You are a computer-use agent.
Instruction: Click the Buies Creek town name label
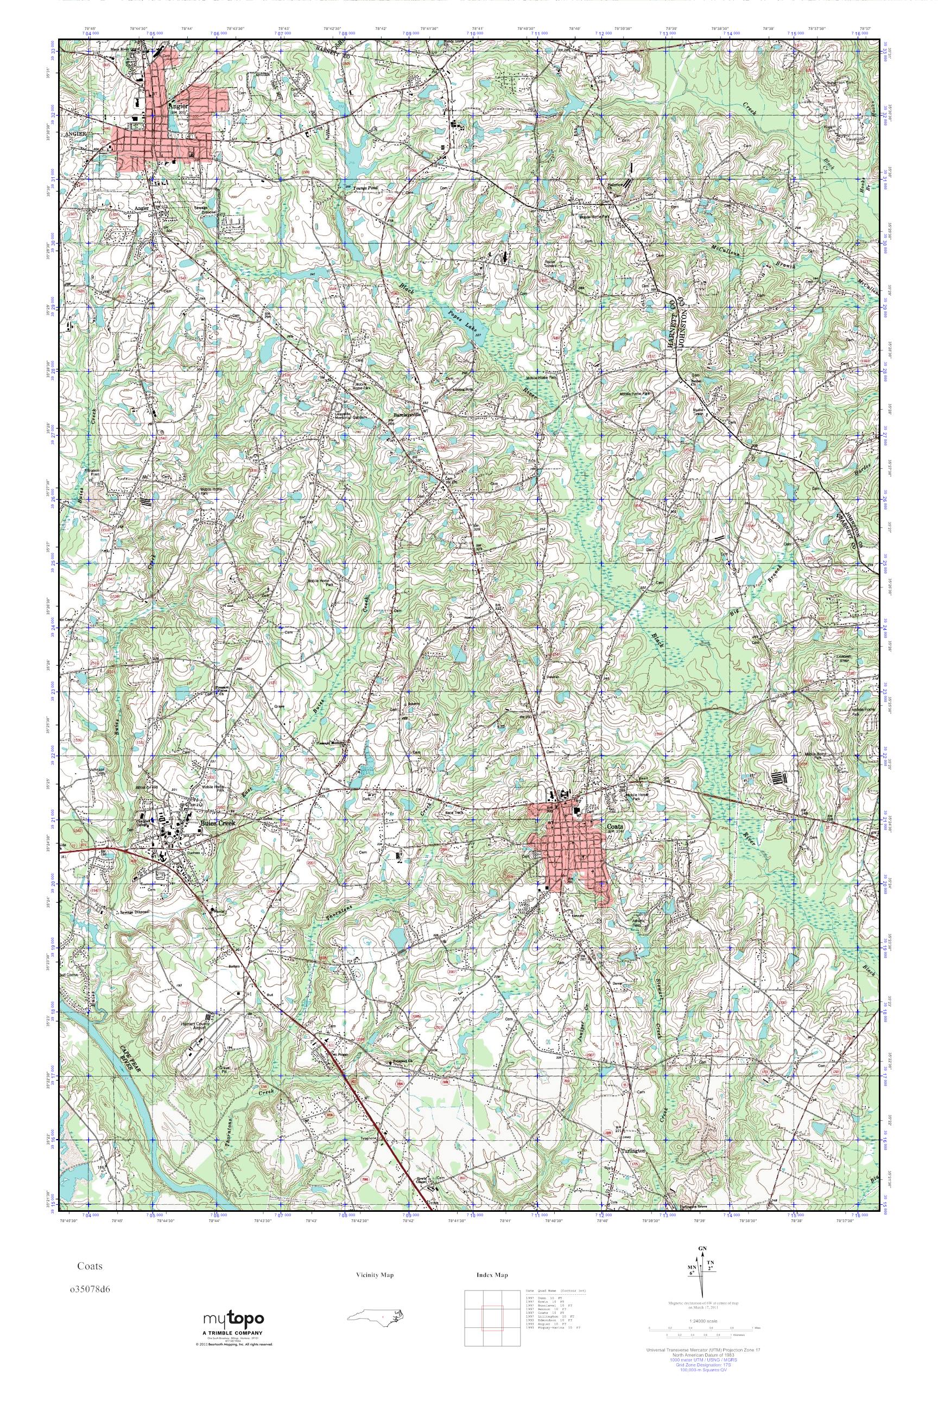(x=218, y=823)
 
